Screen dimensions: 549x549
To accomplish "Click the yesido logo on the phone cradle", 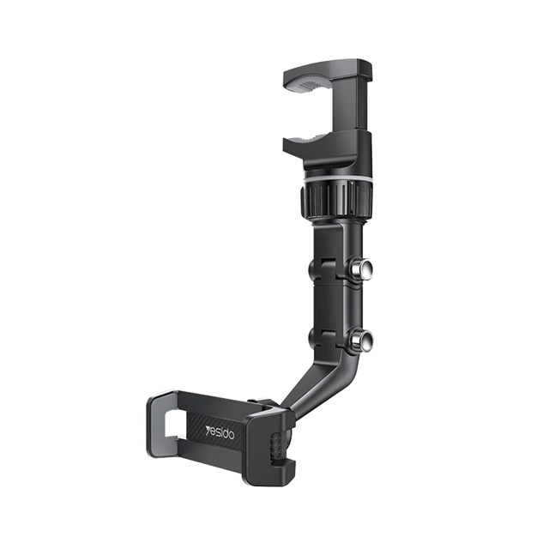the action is (x=220, y=432).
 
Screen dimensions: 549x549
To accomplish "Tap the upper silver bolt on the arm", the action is (x=360, y=268).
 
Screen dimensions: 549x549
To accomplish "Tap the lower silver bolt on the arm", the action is (x=360, y=340).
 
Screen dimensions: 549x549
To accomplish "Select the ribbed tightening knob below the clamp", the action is (x=335, y=200).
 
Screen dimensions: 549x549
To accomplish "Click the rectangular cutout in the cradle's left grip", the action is (x=172, y=424).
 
